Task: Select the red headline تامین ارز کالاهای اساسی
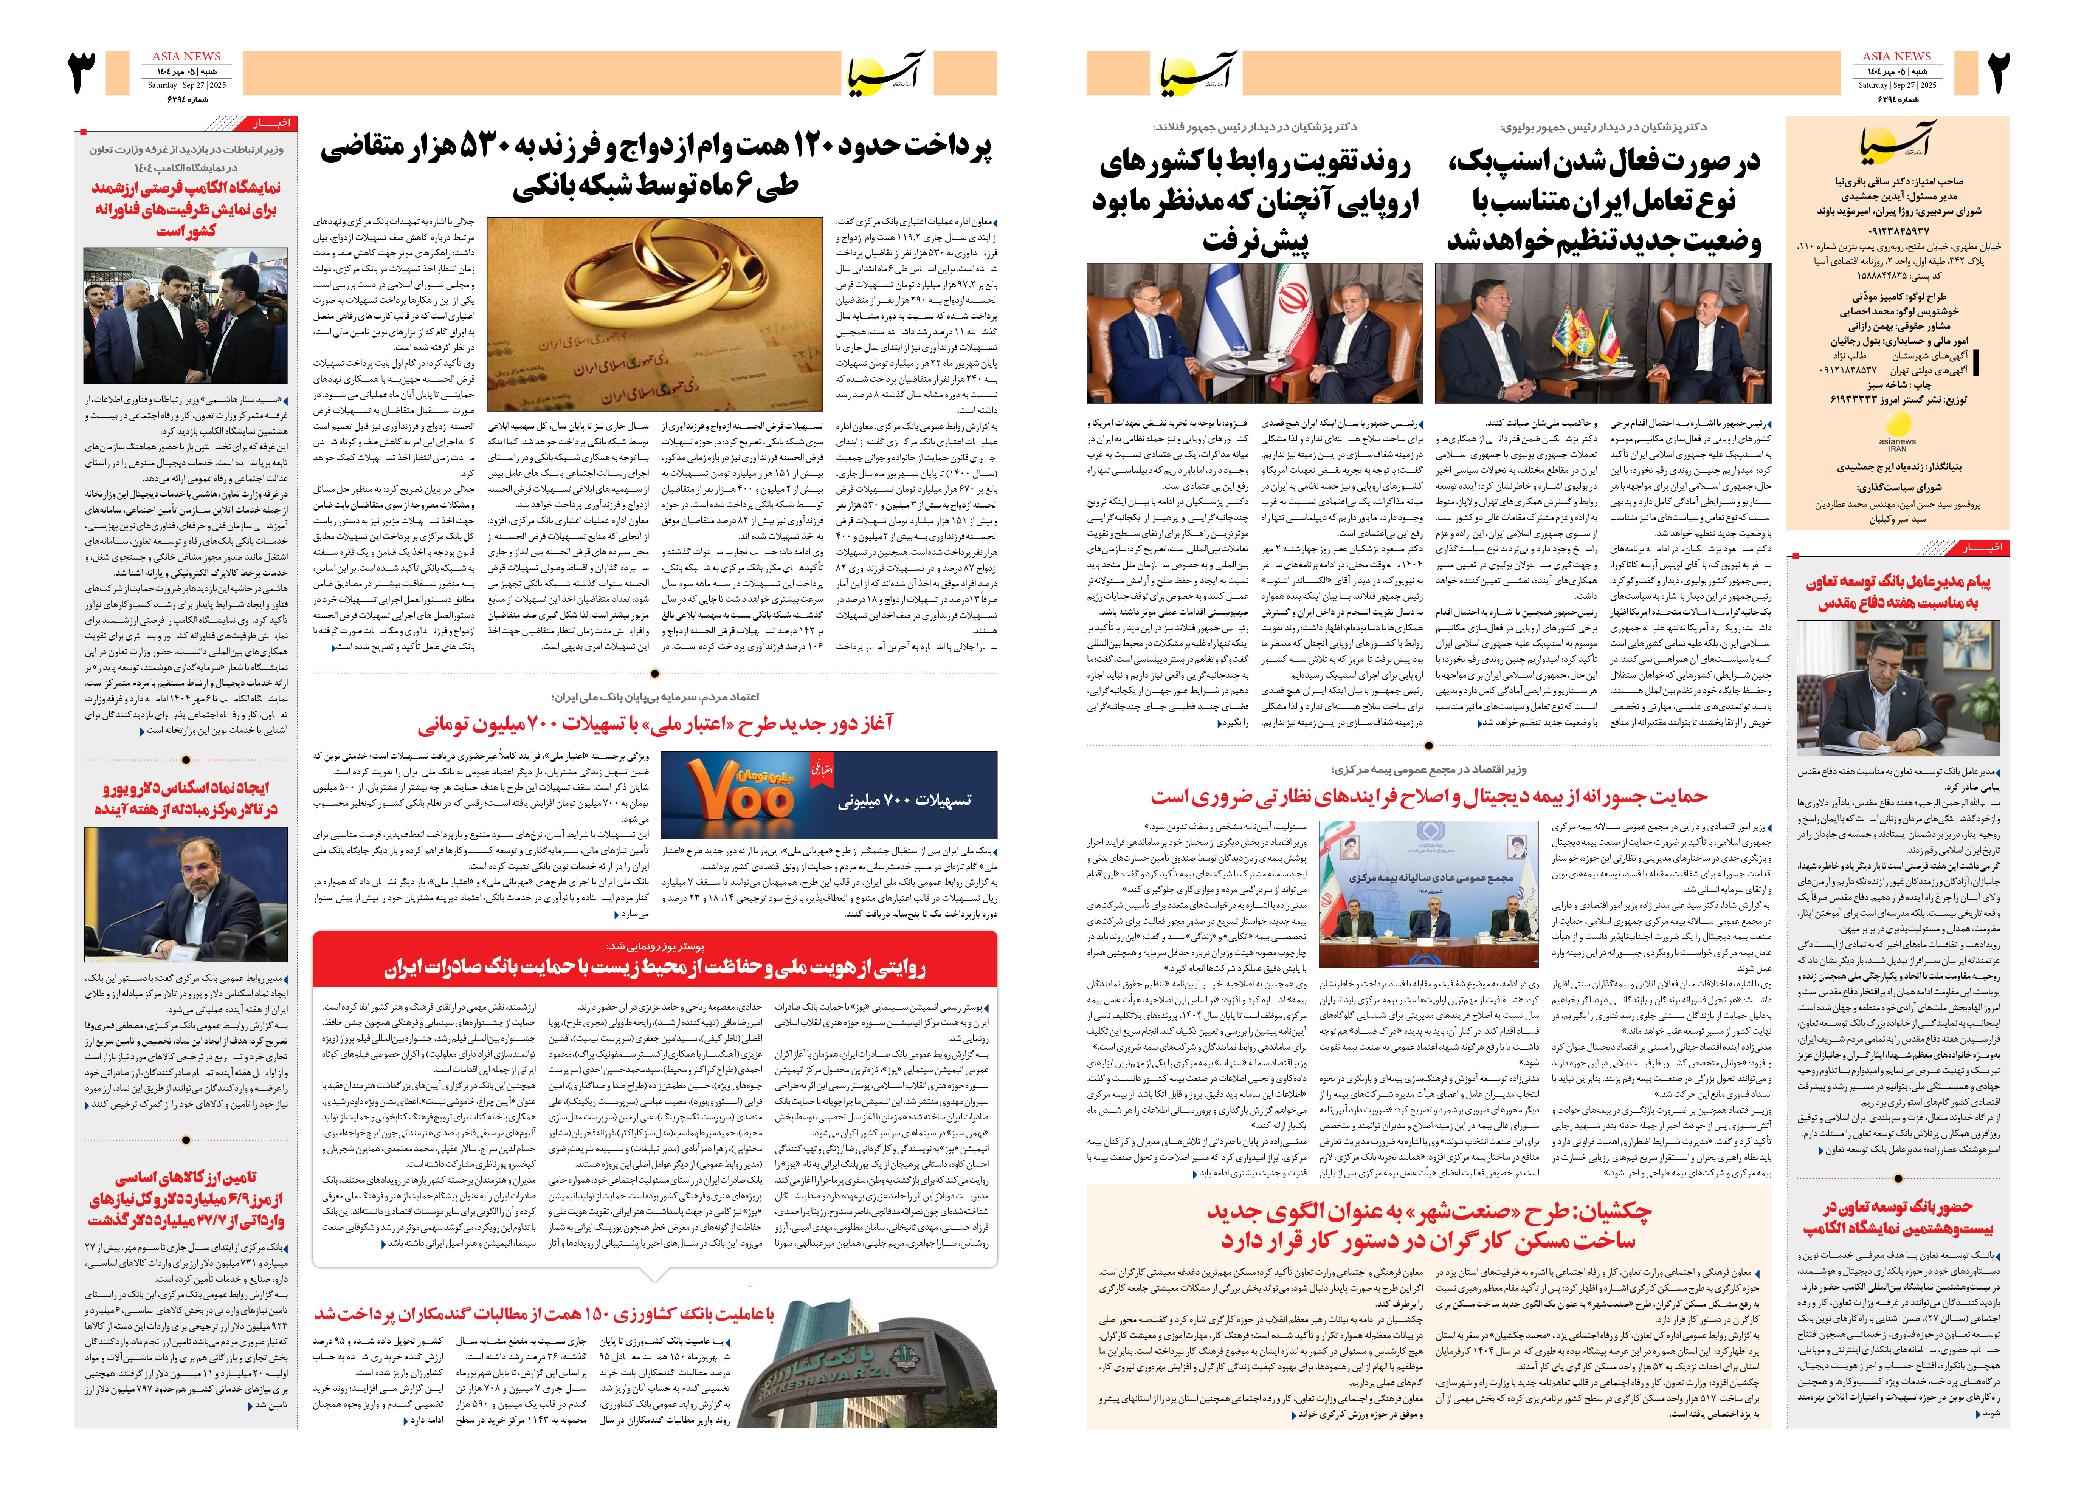(186, 1198)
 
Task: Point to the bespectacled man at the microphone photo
(186, 893)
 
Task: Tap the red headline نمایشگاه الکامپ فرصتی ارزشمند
(186, 208)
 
